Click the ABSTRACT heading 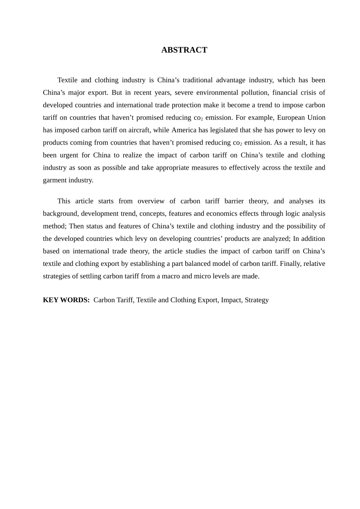click(184, 50)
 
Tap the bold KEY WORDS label click(66, 300)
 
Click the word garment click(55, 180)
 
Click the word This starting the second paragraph click(64, 201)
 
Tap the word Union click(316, 117)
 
